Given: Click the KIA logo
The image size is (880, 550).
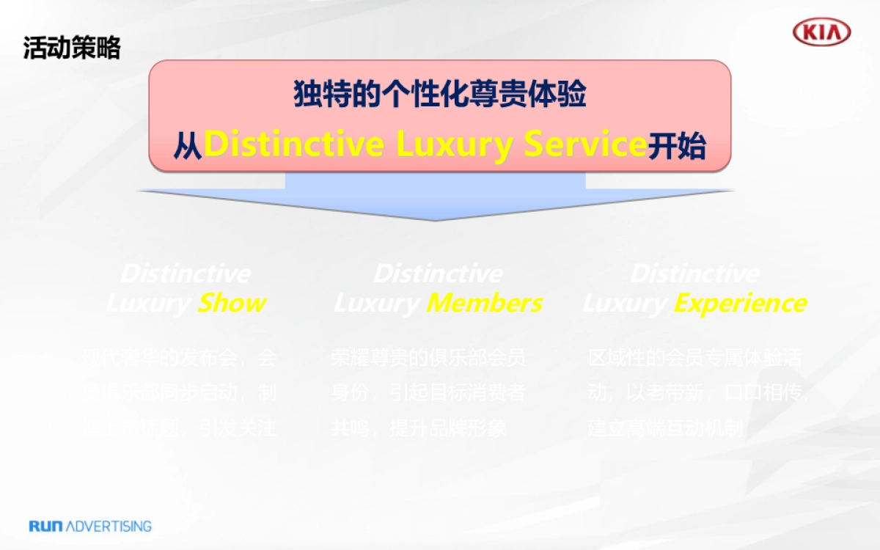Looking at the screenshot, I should point(822,33).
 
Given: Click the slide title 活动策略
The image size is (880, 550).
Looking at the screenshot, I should point(71,48).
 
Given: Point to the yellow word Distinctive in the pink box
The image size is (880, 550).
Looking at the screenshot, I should point(293,144).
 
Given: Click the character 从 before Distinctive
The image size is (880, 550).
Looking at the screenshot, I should point(188,146).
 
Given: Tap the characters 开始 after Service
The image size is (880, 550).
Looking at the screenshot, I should point(676,146).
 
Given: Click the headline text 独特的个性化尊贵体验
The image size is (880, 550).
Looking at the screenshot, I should point(440,96).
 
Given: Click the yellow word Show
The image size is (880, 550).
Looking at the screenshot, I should point(232,303).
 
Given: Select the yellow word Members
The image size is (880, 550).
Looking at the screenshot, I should point(485,303).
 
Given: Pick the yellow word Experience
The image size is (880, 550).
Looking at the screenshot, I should point(740,303).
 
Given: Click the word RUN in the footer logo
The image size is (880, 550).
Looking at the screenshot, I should point(47,526).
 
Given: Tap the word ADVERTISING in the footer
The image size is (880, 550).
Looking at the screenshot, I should point(109,526).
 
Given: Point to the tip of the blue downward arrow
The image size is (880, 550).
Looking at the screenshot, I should point(436,219).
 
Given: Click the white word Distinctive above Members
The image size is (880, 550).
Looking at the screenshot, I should point(438,274).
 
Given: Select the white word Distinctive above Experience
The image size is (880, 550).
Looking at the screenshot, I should point(694,274).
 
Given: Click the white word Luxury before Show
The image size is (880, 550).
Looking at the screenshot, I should point(148,303).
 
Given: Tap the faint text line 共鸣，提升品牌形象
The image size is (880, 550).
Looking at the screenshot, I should point(418,428).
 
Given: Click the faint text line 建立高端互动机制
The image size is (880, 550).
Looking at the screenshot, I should point(666,428).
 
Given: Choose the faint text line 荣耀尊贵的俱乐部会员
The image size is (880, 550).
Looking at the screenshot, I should point(428,359).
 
